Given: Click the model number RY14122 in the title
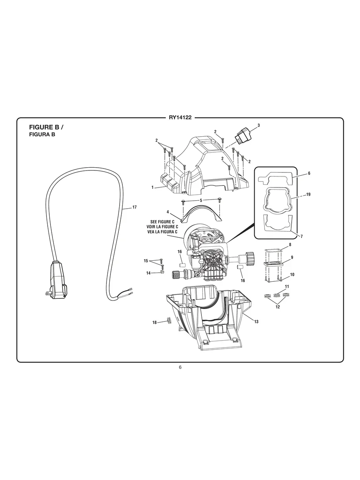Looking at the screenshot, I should point(180,118).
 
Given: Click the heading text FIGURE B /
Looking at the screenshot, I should point(46,128).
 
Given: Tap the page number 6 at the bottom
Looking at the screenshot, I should point(180,367).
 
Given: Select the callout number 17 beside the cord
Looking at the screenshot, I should point(134,207).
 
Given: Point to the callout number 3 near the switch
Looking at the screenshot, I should point(258,125).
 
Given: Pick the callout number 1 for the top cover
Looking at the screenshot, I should point(152,187).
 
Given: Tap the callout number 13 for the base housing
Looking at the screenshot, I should point(256,321).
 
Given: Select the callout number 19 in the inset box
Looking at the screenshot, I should point(308,194).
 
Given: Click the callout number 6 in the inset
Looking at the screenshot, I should point(309,173).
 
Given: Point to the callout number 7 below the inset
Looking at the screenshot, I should point(302,236).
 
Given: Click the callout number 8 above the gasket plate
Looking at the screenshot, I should point(290,244).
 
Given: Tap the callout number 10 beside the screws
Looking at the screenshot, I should point(292,274).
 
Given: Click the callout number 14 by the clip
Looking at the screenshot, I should point(149,273).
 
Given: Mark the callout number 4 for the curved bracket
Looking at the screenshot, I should point(168,212).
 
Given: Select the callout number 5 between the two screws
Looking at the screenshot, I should point(201,200).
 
